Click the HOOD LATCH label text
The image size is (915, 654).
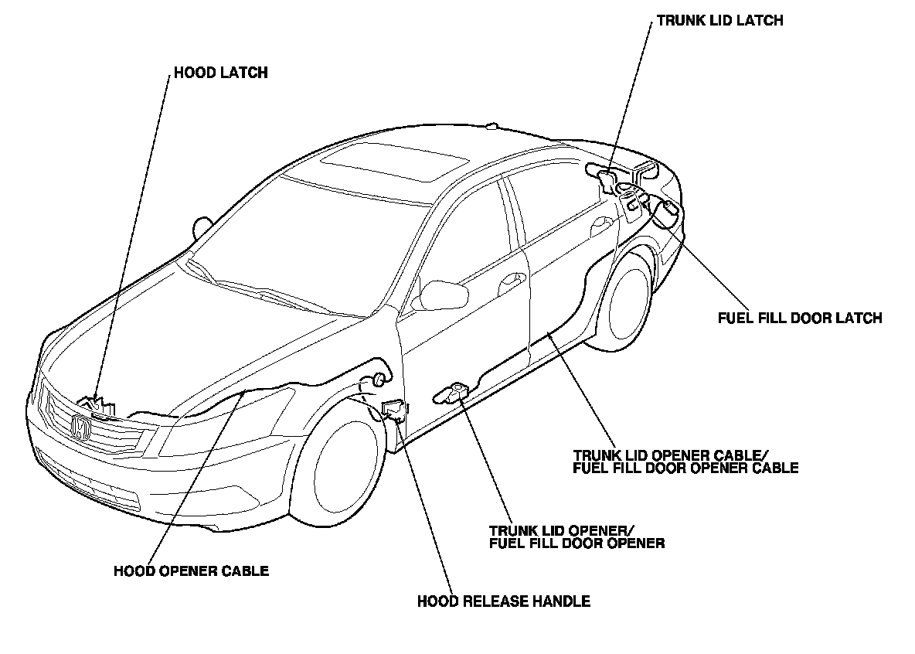220,73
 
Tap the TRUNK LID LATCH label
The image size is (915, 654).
719,21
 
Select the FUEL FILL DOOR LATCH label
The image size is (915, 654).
799,318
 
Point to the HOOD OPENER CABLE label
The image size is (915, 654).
191,571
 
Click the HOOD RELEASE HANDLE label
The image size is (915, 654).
503,601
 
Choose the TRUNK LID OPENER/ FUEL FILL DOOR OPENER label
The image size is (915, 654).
577,536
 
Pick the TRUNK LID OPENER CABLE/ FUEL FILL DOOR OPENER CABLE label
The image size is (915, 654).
685,461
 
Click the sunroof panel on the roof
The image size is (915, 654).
394,163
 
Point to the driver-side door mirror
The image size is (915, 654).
442,295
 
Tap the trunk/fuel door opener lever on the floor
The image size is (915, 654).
454,393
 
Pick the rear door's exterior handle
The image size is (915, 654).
600,227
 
